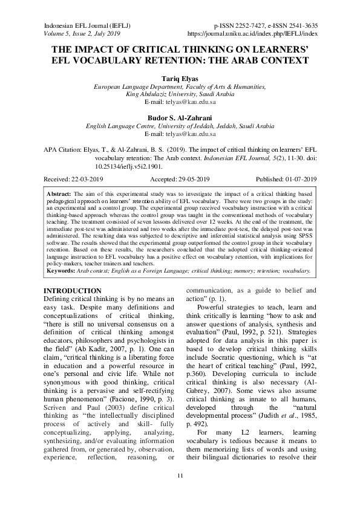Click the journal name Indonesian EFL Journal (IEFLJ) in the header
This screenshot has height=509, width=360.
(x=88, y=26)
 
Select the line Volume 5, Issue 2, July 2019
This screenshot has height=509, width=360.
(x=83, y=34)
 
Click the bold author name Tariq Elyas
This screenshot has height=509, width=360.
(x=180, y=79)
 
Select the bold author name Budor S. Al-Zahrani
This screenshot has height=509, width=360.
(x=180, y=118)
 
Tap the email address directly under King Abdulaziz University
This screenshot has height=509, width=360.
(x=180, y=103)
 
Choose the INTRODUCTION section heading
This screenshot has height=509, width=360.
(x=75, y=291)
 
